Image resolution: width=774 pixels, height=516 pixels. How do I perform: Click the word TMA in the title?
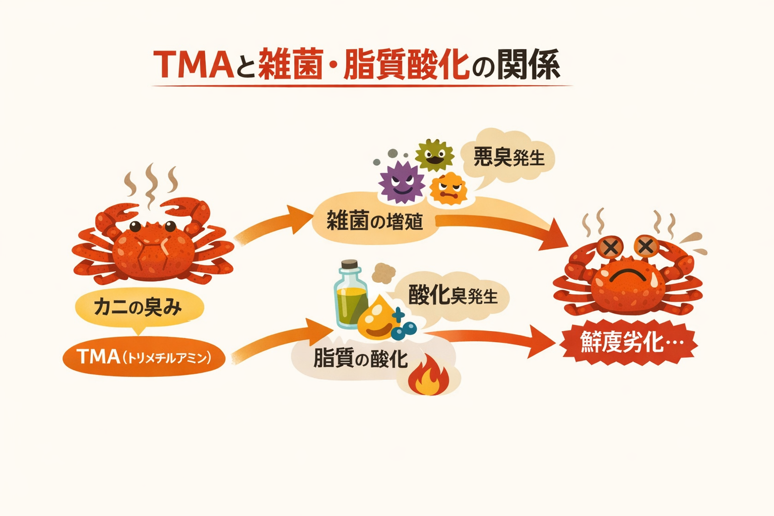click(194, 65)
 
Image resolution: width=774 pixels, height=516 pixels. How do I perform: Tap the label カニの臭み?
click(139, 307)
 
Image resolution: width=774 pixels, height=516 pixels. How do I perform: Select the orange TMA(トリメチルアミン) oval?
click(144, 357)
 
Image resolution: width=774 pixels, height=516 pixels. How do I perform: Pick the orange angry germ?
click(448, 189)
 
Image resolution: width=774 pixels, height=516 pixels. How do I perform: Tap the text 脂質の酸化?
click(360, 359)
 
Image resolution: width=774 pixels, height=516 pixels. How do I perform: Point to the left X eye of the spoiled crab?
click(610, 247)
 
